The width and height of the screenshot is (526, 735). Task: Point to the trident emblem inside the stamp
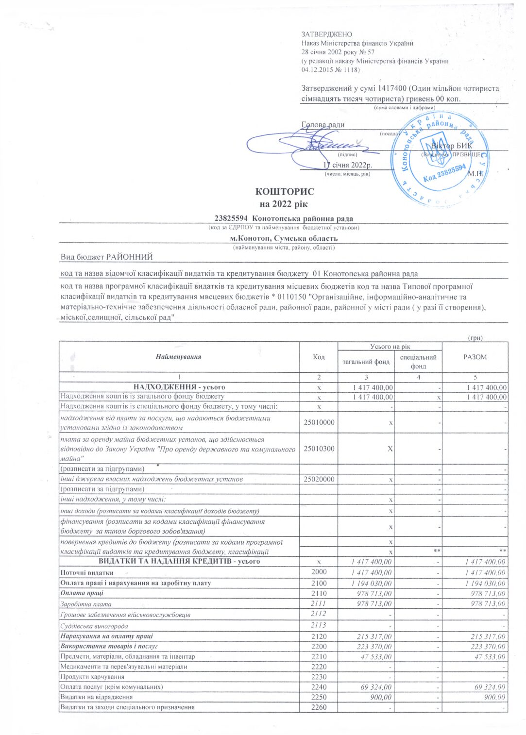[441, 148]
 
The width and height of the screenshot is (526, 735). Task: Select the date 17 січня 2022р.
[347, 165]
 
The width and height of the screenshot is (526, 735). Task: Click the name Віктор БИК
[452, 146]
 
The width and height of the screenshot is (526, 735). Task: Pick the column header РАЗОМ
[475, 357]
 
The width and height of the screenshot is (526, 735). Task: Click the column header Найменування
[178, 357]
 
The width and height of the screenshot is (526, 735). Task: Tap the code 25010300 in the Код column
[319, 449]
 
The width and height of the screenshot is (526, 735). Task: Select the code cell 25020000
[319, 479]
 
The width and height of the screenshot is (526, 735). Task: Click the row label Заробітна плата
[86, 604]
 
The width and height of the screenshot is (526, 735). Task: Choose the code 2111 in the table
[319, 603]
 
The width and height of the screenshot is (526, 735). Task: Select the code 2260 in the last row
[319, 707]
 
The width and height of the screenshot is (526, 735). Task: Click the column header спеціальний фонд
[418, 361]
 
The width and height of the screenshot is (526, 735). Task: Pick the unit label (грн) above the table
[475, 337]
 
